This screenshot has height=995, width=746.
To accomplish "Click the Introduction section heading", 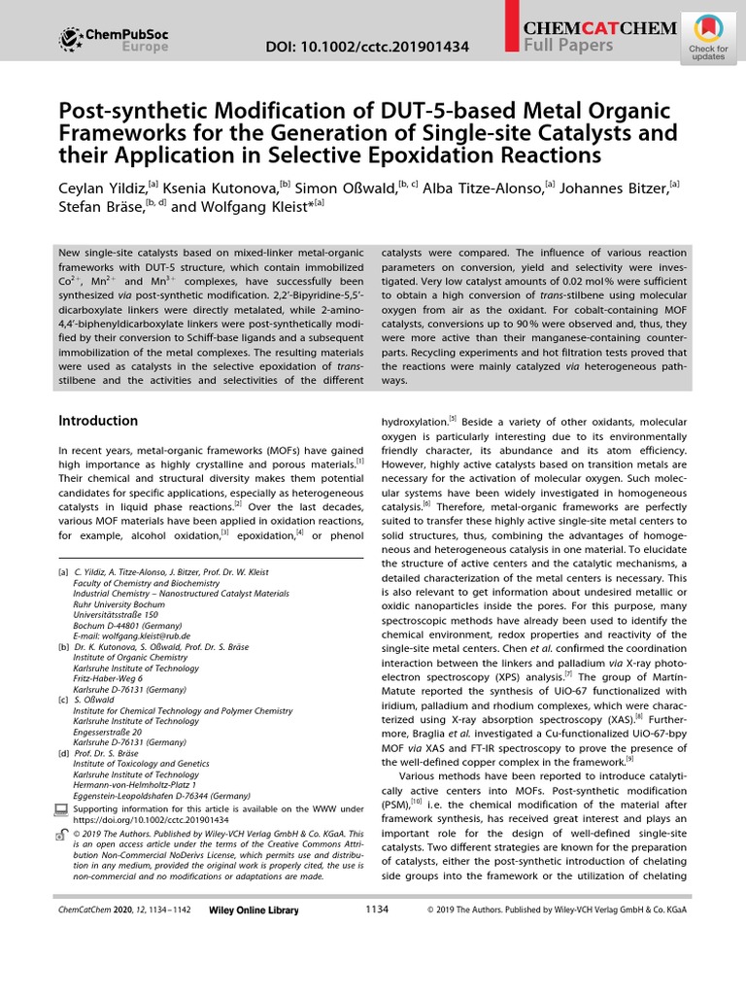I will pos(98,421).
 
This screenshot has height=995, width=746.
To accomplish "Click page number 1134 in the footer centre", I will pos(377,909).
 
